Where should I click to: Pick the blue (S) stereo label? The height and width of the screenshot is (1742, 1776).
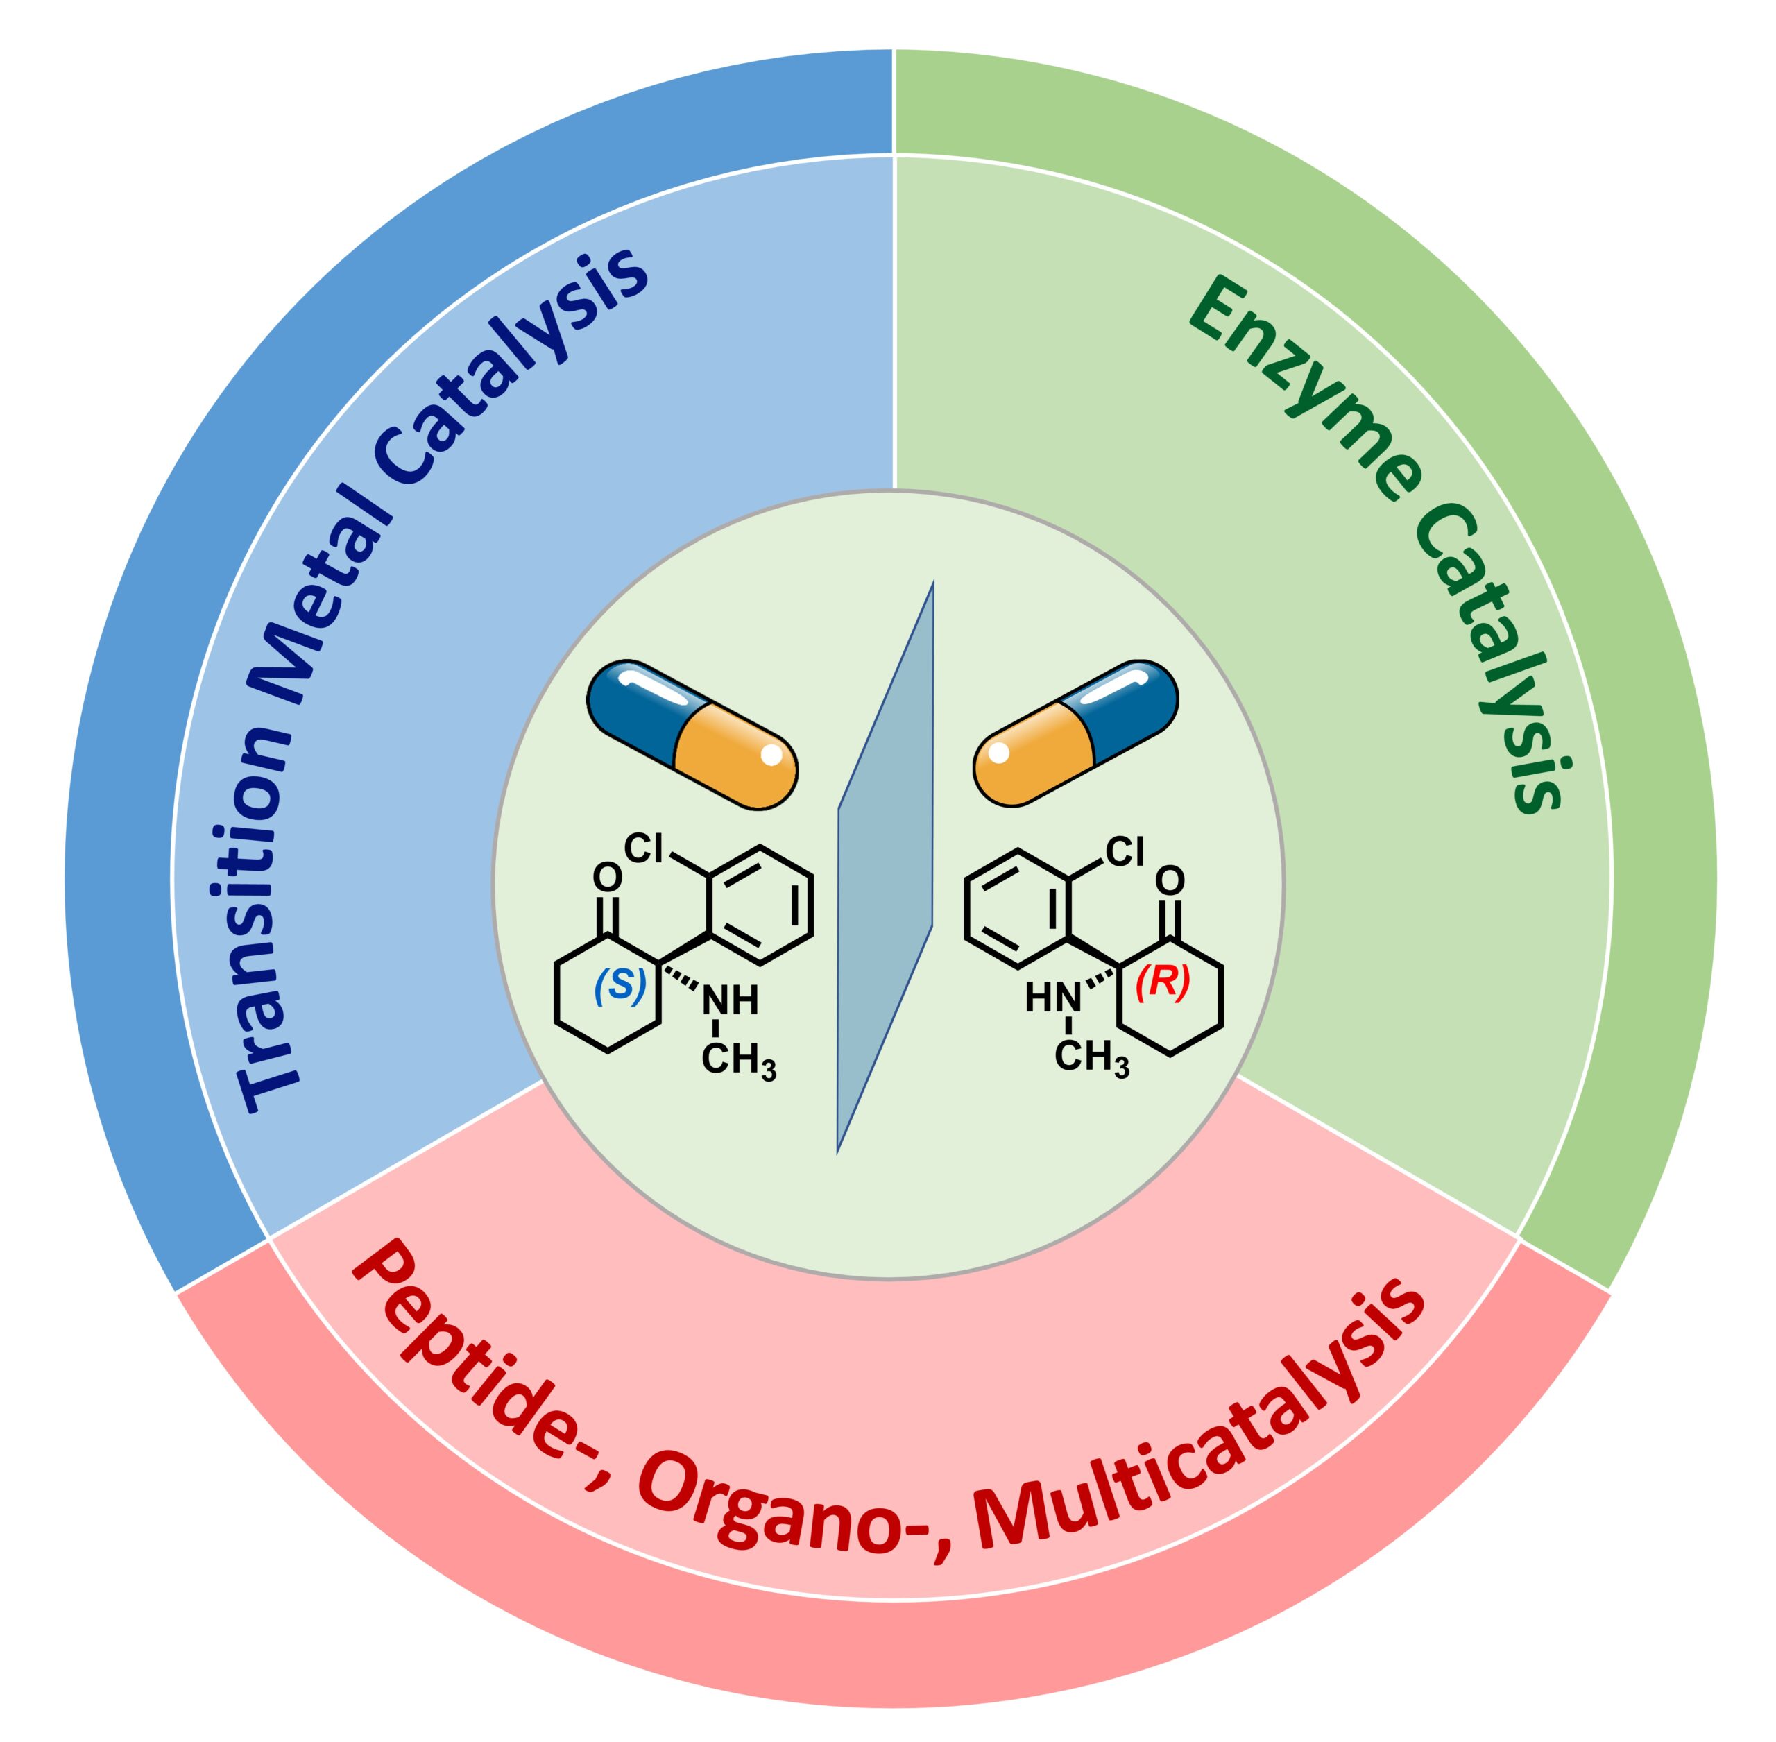pos(620,987)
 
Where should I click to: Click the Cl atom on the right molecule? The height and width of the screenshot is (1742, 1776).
pos(1125,852)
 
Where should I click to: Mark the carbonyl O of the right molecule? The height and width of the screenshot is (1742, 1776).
pos(1170,881)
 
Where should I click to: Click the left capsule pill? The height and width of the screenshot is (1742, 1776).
pos(692,734)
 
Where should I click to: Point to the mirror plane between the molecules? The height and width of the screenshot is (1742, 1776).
pos(886,864)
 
